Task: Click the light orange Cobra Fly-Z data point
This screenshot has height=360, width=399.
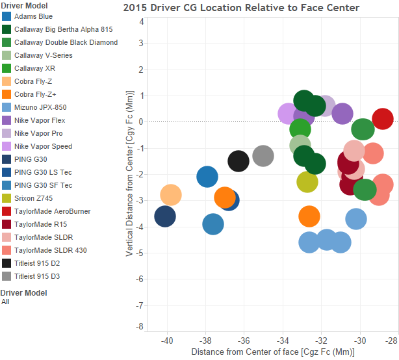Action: (x=170, y=195)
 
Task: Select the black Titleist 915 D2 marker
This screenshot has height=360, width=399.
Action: (x=238, y=161)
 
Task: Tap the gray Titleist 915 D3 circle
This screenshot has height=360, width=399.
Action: (x=263, y=156)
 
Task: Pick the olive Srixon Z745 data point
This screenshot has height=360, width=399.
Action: (x=307, y=181)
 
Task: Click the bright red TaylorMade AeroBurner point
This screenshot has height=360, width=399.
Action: (x=383, y=120)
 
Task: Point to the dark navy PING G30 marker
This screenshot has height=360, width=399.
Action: (x=166, y=216)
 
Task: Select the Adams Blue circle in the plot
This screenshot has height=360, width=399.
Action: (x=207, y=176)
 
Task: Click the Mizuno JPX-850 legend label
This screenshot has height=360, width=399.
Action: (x=40, y=107)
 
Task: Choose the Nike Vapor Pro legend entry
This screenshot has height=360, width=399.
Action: (x=39, y=133)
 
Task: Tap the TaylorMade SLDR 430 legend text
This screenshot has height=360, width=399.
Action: (x=50, y=250)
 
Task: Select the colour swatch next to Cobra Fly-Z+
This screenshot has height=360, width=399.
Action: (x=6, y=94)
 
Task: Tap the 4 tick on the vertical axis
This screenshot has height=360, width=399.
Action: (x=142, y=21)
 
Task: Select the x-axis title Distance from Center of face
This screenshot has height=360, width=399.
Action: (x=272, y=352)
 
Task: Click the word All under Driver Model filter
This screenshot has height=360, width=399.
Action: (x=6, y=302)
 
